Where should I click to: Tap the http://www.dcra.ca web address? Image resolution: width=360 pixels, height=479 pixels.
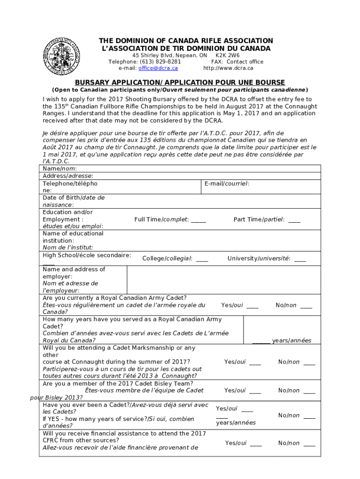point(228,68)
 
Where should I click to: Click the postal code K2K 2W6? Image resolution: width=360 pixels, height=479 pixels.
point(227,55)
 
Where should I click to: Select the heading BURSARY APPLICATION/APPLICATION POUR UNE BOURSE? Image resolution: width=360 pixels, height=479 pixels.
point(180,82)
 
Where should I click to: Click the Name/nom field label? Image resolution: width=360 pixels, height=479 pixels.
point(60,169)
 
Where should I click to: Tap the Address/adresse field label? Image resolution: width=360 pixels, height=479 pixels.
point(68,176)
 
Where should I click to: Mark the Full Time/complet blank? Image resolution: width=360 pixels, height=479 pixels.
point(198,220)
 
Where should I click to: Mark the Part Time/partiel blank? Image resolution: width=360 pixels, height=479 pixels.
point(295,220)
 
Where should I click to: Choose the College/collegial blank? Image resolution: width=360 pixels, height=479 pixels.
point(202,259)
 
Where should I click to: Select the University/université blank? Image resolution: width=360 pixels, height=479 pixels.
point(300,259)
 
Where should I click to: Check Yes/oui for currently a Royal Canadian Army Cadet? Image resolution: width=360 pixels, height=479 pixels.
point(252,305)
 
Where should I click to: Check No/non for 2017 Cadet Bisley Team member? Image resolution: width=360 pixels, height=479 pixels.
point(309,391)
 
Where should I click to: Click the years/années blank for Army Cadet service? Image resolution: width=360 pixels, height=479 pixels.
point(261,341)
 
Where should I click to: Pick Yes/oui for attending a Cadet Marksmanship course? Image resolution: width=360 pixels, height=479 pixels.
point(255,362)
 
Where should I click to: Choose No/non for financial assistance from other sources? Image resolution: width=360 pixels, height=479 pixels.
point(309,443)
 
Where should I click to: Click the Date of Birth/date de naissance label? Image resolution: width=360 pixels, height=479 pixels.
point(73,201)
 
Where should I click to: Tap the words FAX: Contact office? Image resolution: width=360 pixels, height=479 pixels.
point(237,62)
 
